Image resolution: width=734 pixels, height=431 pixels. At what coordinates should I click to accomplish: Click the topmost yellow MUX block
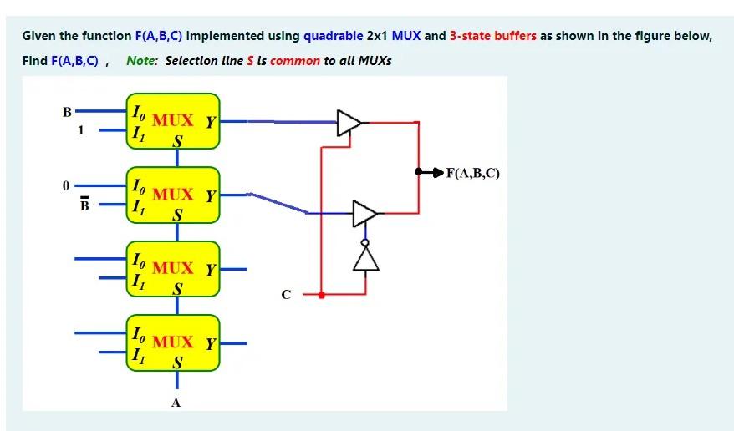[x=173, y=124]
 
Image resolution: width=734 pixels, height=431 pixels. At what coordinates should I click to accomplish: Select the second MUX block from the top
[x=173, y=196]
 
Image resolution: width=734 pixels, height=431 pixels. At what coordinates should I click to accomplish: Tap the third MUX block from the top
[x=173, y=270]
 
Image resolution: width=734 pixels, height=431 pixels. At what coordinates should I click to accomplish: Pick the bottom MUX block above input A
[x=173, y=343]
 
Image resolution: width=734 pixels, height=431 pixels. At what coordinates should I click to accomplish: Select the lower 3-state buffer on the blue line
[x=364, y=213]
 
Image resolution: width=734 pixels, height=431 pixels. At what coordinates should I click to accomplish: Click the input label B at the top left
[x=68, y=112]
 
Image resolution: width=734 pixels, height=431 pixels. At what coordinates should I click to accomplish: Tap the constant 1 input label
[x=81, y=130]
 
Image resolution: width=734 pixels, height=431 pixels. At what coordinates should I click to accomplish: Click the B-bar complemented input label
[x=83, y=204]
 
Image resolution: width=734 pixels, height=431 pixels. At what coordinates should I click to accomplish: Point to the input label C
[x=287, y=294]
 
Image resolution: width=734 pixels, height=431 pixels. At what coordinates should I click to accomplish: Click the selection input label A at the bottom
[x=176, y=402]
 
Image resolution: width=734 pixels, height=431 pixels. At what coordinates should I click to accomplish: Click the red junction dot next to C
[x=322, y=294]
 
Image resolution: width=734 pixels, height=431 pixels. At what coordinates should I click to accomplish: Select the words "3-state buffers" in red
[x=492, y=36]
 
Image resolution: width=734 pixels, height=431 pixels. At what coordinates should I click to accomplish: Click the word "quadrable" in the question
[x=333, y=36]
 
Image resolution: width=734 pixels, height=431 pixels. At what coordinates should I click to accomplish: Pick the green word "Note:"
[x=142, y=61]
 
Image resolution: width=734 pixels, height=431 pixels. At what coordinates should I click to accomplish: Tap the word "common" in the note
[x=295, y=61]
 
